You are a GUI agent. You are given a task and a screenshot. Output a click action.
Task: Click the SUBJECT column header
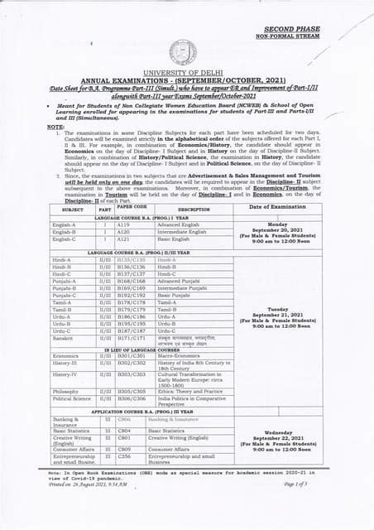tap(73, 210)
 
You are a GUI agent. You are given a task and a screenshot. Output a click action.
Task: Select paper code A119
tap(123, 224)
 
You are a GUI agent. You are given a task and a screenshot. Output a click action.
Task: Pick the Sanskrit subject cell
tap(65, 337)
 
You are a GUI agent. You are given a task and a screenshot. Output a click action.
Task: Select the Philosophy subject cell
tap(66, 391)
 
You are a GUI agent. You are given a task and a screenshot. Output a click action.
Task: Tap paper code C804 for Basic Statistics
tap(124, 431)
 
